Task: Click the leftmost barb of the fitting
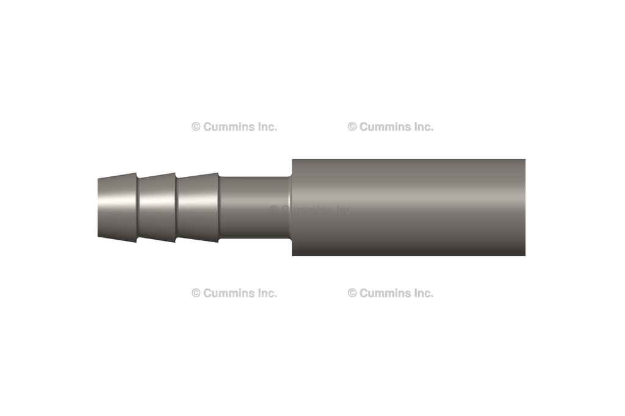(117, 207)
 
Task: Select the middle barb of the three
(157, 207)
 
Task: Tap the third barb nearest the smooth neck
(198, 207)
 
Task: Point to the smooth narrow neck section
(253, 207)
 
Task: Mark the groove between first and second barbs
(137, 207)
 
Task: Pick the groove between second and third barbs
(176, 207)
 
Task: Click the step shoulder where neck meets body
(291, 207)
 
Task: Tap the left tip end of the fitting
(99, 207)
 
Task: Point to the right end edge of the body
(524, 207)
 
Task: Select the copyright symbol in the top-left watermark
(196, 127)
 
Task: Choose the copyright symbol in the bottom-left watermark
(196, 293)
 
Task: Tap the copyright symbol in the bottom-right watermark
(352, 293)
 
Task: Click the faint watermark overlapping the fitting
(311, 210)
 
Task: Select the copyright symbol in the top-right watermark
(352, 127)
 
